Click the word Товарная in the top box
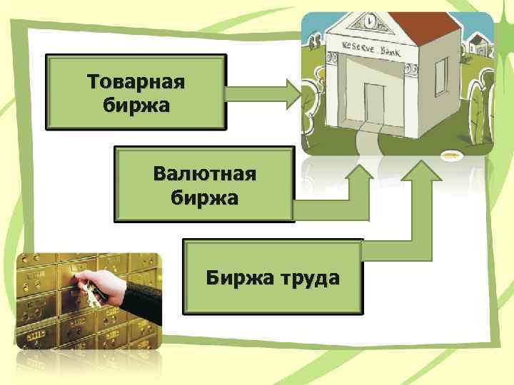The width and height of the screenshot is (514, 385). coord(136,81)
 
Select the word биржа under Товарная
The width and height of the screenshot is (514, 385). coord(136,105)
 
